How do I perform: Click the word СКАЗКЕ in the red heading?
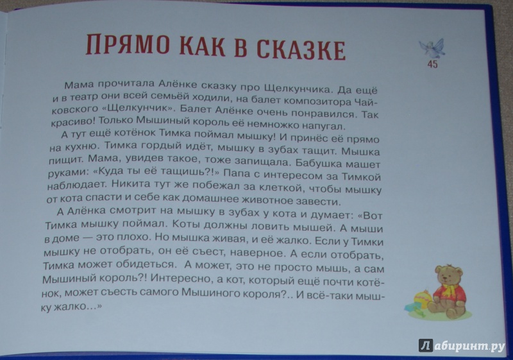pyautogui.click(x=301, y=50)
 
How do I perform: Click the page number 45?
pyautogui.click(x=432, y=64)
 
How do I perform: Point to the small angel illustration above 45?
pyautogui.click(x=432, y=47)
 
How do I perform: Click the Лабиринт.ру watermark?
pyautogui.click(x=462, y=345)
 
